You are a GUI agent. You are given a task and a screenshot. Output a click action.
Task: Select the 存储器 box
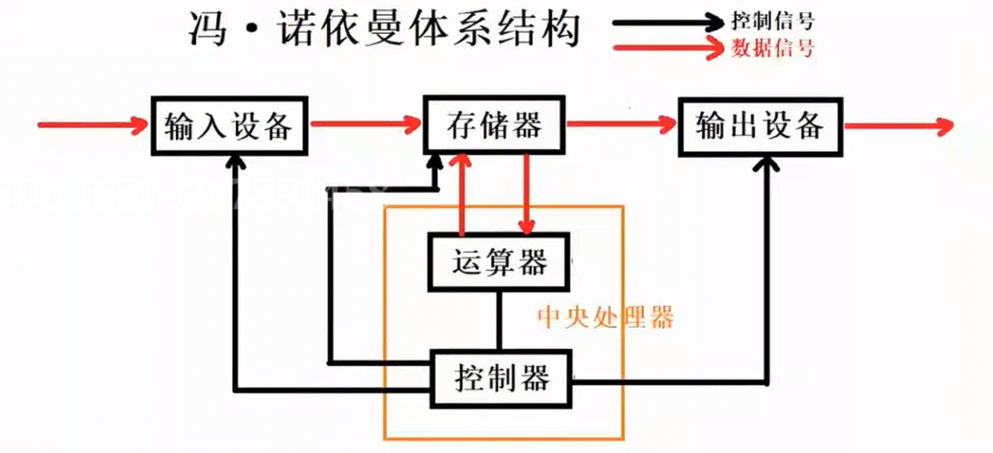[x=494, y=123]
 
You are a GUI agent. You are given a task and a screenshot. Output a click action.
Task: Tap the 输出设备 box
[x=760, y=125]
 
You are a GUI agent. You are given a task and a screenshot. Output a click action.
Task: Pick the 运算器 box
[x=499, y=262]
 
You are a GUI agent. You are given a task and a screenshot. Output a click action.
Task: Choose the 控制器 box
[x=501, y=378]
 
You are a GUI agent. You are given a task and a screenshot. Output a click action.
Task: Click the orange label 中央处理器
[x=605, y=317]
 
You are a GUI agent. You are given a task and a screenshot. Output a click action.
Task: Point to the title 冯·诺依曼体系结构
[x=384, y=30]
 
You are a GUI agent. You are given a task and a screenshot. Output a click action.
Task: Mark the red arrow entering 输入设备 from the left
[x=91, y=125]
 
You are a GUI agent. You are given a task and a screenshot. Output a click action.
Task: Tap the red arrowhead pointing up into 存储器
[x=459, y=161]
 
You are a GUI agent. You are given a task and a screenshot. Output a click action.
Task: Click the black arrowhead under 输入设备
[x=236, y=161]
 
